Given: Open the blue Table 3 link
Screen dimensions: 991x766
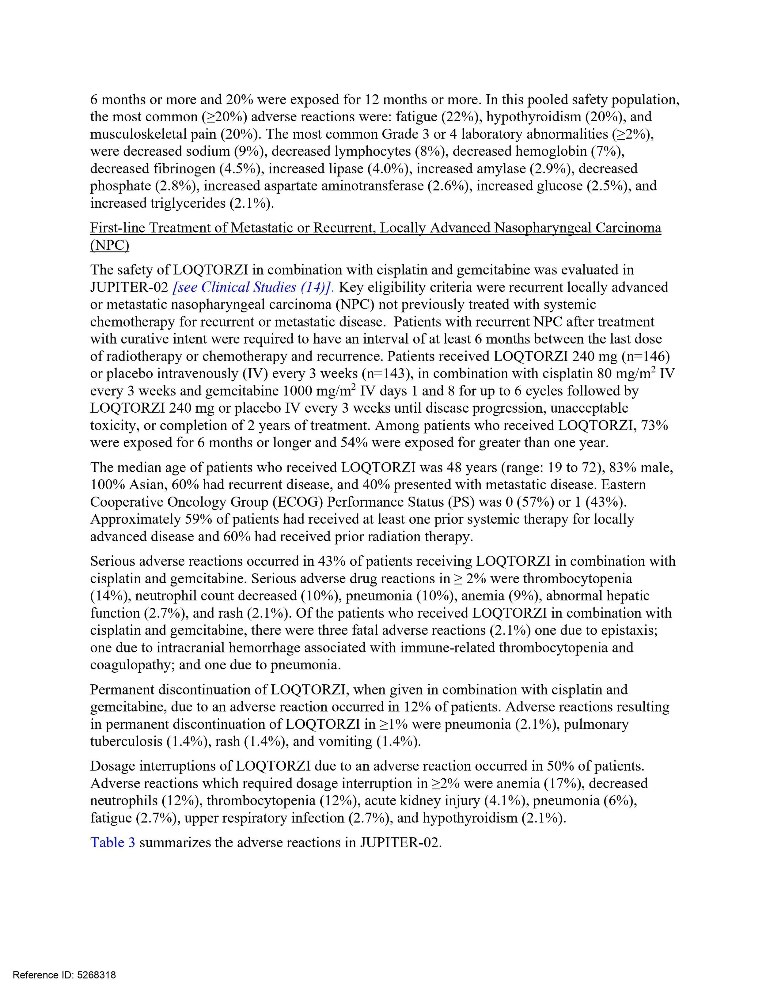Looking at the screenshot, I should tap(112, 843).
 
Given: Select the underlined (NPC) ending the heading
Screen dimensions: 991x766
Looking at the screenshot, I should tap(109, 245).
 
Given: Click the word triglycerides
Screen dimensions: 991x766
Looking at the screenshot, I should tap(188, 203).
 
